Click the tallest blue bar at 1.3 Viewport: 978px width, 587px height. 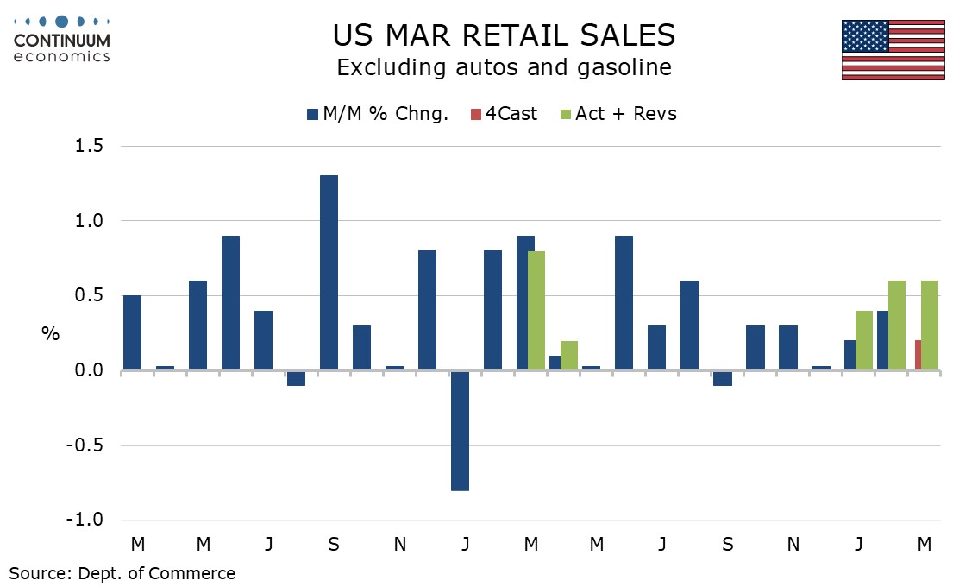pyautogui.click(x=329, y=273)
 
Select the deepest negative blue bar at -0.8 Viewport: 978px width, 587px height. pyautogui.click(x=460, y=431)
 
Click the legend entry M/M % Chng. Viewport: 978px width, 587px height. pyautogui.click(x=378, y=114)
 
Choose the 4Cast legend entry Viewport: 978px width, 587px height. pyautogui.click(x=506, y=114)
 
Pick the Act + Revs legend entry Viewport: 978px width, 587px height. pyautogui.click(x=618, y=114)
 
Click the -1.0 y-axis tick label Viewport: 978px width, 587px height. pyautogui.click(x=84, y=521)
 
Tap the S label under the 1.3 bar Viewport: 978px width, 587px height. pyautogui.click(x=334, y=544)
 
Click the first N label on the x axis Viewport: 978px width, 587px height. pyautogui.click(x=400, y=544)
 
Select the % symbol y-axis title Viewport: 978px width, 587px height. pyautogui.click(x=52, y=334)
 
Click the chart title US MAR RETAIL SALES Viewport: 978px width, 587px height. pyautogui.click(x=504, y=35)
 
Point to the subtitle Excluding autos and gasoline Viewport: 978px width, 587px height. pyautogui.click(x=504, y=67)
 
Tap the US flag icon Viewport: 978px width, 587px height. pyautogui.click(x=893, y=49)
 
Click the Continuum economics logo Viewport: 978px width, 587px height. pyautogui.click(x=62, y=39)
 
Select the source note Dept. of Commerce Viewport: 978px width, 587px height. pyautogui.click(x=122, y=572)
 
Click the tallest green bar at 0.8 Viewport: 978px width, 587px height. pyautogui.click(x=536, y=311)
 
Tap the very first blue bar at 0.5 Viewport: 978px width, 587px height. pyautogui.click(x=132, y=333)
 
